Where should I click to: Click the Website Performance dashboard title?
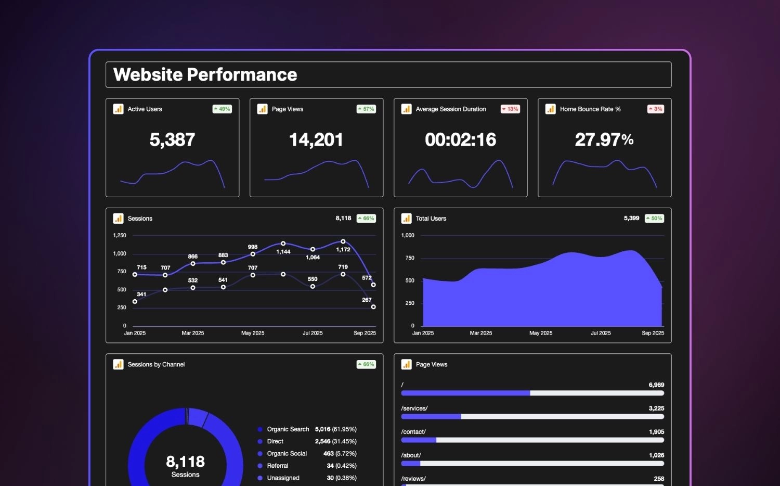205,75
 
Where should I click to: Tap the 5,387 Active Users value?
172,139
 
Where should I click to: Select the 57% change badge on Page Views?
366,109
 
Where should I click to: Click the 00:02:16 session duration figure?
460,139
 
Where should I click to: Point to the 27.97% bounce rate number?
604,139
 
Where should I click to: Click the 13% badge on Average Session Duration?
510,109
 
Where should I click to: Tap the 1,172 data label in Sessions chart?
343,250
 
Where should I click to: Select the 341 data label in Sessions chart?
141,295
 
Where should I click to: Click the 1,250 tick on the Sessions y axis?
120,236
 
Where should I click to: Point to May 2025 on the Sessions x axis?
253,333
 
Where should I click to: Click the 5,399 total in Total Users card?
631,219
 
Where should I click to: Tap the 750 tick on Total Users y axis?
410,258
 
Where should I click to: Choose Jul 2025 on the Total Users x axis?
601,333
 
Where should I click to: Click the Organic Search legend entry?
288,429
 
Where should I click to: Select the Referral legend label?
277,466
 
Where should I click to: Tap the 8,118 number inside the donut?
185,462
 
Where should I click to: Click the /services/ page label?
414,408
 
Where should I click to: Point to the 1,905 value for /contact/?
656,432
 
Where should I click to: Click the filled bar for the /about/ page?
411,464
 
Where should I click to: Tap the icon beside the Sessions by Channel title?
118,364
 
